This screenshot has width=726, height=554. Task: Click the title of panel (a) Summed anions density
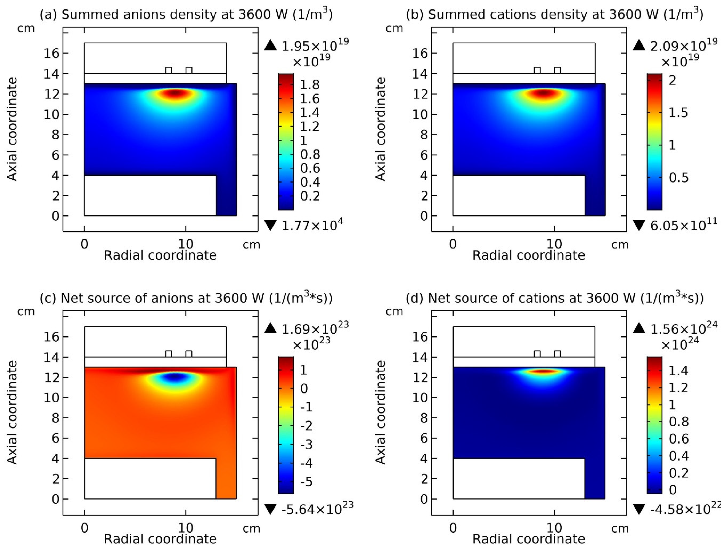click(186, 15)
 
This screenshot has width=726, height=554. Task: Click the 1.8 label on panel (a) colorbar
click(310, 85)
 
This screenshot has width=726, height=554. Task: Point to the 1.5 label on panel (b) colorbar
click(678, 113)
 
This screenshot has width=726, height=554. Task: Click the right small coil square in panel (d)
click(558, 354)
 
